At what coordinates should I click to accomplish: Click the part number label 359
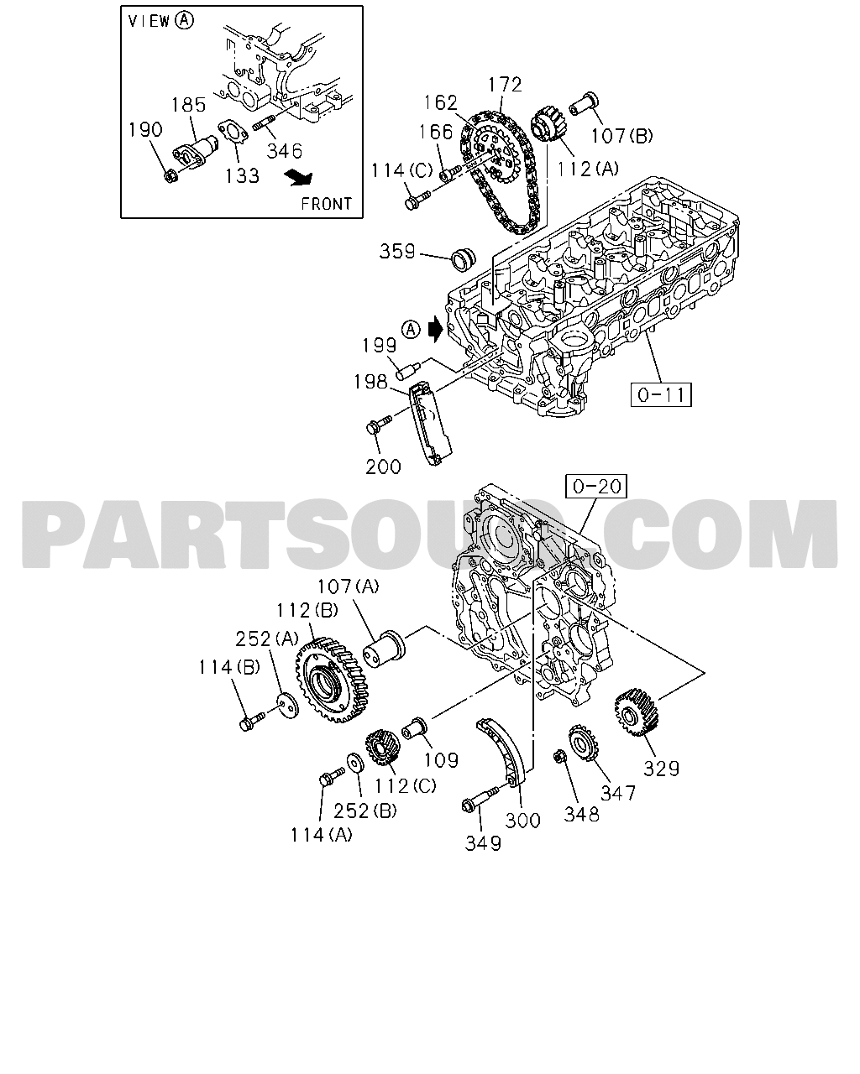click(397, 251)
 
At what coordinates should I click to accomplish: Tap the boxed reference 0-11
click(661, 395)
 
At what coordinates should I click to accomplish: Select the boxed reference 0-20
click(596, 486)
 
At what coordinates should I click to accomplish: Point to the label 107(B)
click(622, 135)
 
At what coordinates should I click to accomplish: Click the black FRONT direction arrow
click(298, 178)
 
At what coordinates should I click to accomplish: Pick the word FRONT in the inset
click(327, 204)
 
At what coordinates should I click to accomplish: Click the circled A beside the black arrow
click(412, 330)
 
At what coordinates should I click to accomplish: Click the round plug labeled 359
click(464, 259)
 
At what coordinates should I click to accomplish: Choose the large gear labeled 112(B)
click(333, 680)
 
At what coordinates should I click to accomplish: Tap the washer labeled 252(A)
click(288, 705)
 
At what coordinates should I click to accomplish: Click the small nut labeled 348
click(558, 757)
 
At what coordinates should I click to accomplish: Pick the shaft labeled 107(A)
click(383, 648)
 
